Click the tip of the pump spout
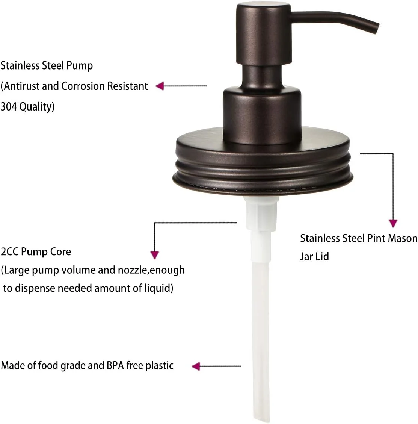376,29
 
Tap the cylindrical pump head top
264,33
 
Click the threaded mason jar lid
263,162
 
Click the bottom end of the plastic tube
261,418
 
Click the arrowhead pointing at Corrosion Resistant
160,86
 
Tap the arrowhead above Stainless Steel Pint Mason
393,223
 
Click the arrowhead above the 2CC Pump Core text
155,255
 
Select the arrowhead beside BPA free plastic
196,366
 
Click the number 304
9,106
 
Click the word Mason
403,238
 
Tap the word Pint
376,238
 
